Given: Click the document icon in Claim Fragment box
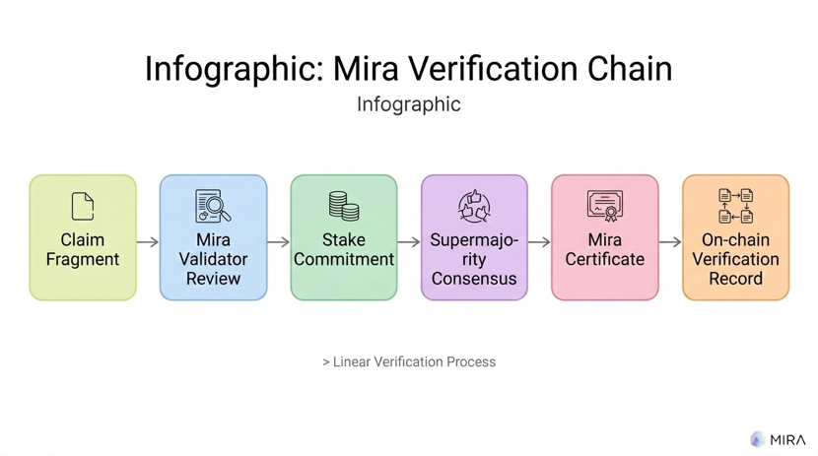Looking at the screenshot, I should pos(83,206).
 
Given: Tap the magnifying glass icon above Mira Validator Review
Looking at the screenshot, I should pos(213,206).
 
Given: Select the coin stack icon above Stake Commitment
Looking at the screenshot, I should pos(344,206).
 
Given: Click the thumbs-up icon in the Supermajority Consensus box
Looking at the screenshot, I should pos(474,207).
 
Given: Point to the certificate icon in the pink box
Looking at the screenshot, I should pos(604,206).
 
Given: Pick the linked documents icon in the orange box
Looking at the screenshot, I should pos(735,206).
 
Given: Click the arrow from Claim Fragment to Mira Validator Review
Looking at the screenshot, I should pos(148,241).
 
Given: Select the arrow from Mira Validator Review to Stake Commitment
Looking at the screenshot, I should pos(278,241).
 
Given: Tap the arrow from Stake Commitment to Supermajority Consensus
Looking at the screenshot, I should pos(409,241).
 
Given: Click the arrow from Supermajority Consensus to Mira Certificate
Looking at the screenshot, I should pos(539,241).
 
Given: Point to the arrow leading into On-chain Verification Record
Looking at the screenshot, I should pos(670,241).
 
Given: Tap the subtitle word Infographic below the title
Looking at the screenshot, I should pos(408,104).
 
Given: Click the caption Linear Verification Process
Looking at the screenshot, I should pos(414,362).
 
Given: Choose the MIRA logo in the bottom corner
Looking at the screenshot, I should pos(779,439).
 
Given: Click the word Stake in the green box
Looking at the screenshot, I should pos(344,240).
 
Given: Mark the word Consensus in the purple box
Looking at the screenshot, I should pos(474,279).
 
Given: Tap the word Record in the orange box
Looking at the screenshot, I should pos(735,279).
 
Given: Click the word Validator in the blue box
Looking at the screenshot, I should pos(213,259).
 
